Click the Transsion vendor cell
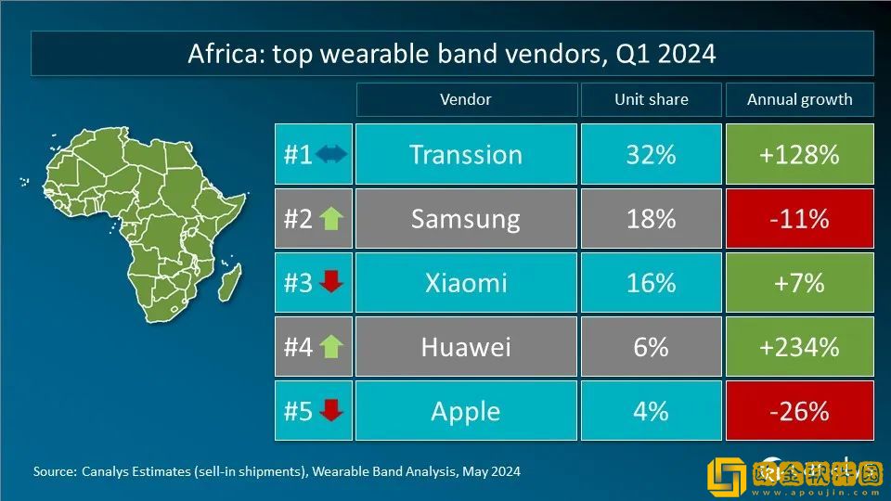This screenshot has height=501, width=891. click(x=466, y=155)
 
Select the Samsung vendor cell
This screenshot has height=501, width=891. click(x=466, y=219)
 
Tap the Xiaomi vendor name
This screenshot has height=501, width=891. click(x=466, y=283)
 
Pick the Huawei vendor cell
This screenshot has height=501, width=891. click(x=466, y=347)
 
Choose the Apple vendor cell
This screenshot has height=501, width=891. click(x=466, y=411)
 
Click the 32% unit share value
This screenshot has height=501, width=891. click(x=651, y=155)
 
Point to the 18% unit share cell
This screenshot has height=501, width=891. click(x=651, y=219)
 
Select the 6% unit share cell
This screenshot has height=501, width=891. click(x=651, y=347)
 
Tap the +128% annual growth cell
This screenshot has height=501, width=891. click(x=799, y=155)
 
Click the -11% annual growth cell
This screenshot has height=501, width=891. click(x=799, y=219)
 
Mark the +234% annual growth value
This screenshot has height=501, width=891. click(x=799, y=347)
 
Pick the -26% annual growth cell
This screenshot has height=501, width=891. click(x=799, y=411)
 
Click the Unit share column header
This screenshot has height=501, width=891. click(x=651, y=99)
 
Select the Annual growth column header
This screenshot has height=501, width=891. click(x=799, y=99)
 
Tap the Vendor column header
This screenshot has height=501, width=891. click(x=466, y=99)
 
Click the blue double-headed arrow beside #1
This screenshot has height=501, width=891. click(x=331, y=155)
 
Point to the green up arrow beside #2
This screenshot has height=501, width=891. click(x=331, y=219)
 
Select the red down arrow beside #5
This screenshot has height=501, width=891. click(x=331, y=411)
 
